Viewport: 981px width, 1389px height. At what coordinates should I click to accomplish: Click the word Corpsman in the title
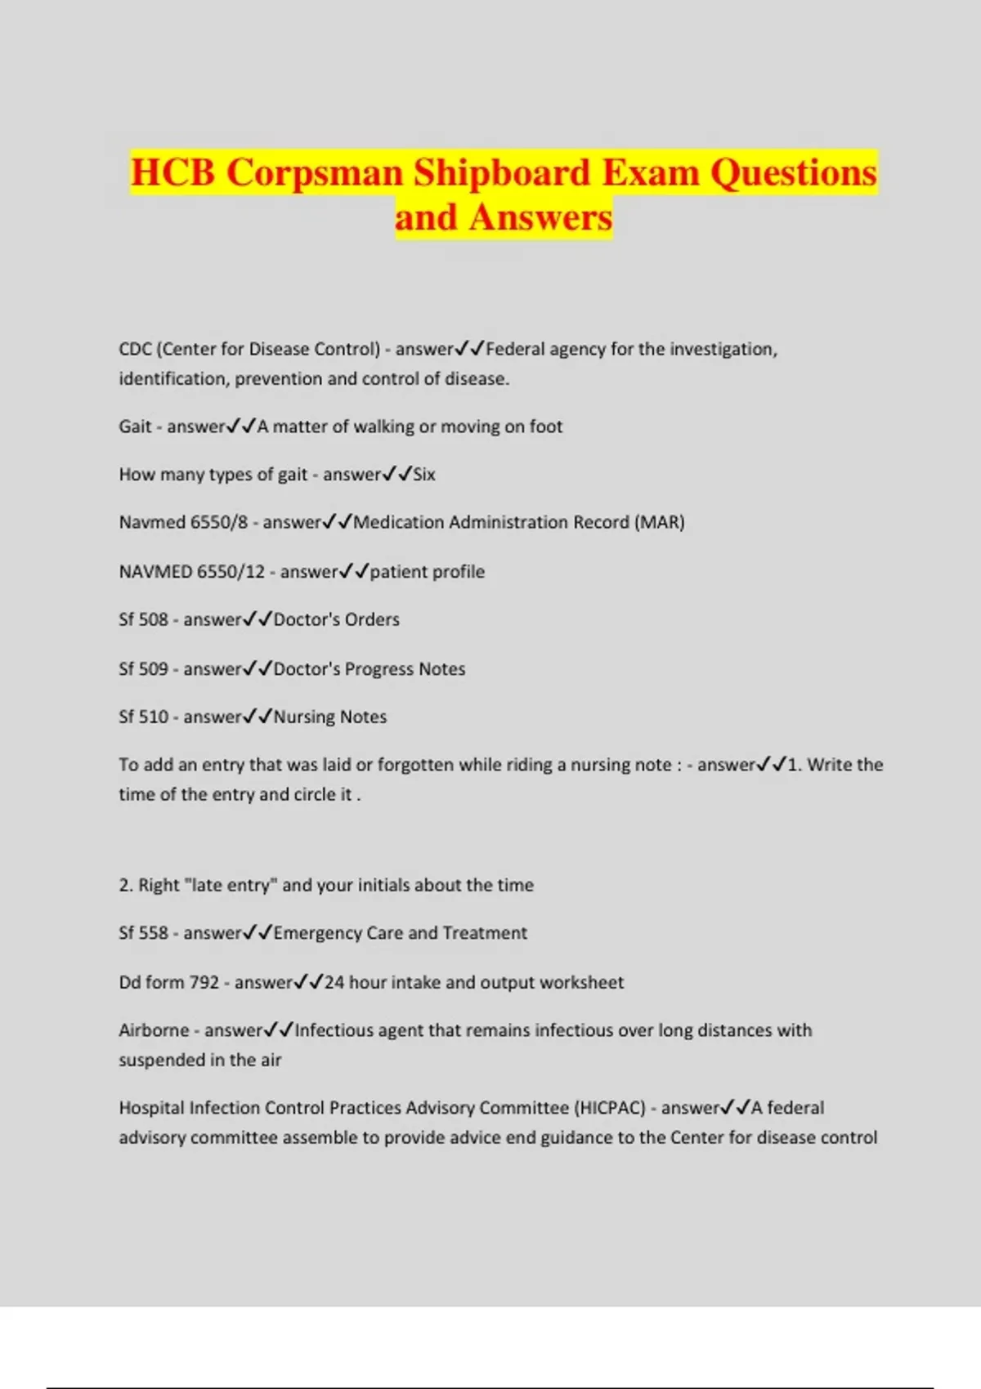pyautogui.click(x=315, y=173)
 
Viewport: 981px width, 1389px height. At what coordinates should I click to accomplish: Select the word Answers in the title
pyautogui.click(x=540, y=217)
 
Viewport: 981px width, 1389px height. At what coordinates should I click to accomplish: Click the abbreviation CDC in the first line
pyautogui.click(x=135, y=350)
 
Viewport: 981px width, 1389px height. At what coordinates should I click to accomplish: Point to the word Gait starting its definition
pyautogui.click(x=135, y=427)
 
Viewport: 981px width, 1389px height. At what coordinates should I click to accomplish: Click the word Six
pyautogui.click(x=424, y=475)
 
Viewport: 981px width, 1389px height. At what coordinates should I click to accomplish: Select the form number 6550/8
pyautogui.click(x=218, y=523)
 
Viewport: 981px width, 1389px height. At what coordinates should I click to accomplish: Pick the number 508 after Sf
pyautogui.click(x=154, y=620)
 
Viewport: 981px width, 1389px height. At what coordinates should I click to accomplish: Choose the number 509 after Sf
pyautogui.click(x=154, y=669)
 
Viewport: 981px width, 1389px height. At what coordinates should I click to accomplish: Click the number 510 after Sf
pyautogui.click(x=154, y=717)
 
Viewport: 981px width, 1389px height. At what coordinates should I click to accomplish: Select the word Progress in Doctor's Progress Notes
pyautogui.click(x=379, y=669)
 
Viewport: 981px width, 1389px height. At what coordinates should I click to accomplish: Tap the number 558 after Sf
pyautogui.click(x=154, y=933)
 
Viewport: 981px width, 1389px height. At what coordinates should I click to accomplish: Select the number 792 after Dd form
pyautogui.click(x=204, y=982)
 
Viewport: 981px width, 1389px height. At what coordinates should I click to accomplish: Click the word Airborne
pyautogui.click(x=154, y=1030)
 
